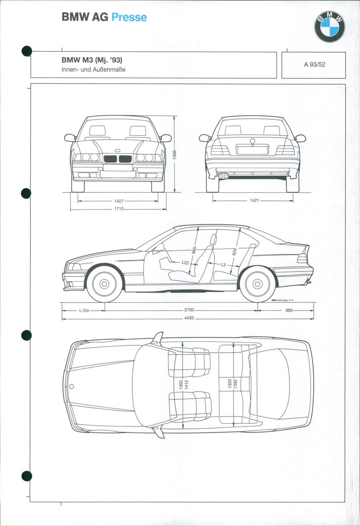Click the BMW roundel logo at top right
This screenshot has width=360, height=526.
pos(329,27)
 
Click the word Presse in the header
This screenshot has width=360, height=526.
pos(129,18)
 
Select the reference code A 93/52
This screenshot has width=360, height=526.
pos(314,64)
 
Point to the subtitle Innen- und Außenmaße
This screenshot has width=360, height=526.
pos(93,70)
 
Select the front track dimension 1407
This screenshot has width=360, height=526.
pos(119,201)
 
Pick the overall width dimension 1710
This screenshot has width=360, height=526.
pos(119,209)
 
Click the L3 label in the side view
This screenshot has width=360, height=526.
pos(223,265)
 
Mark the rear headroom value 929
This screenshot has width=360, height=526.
pos(234,253)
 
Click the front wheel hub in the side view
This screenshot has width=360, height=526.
pos(104,284)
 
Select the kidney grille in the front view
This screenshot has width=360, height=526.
pos(118,159)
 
